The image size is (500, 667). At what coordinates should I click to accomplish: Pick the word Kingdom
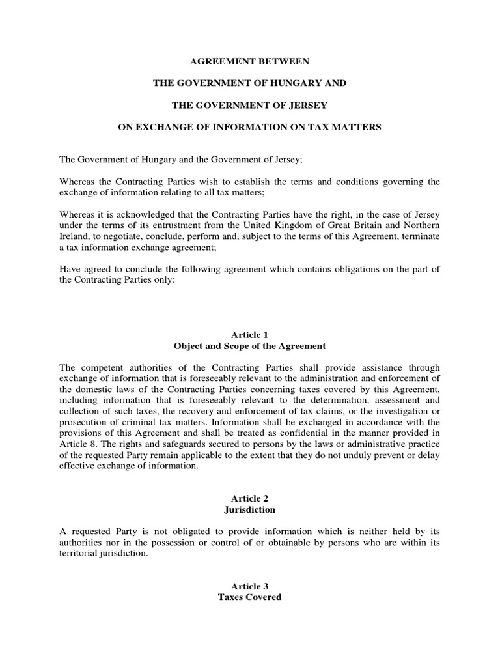point(312,223)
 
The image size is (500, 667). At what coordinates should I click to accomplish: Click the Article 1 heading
point(249,334)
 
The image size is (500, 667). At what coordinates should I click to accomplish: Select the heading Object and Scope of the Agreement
point(249,345)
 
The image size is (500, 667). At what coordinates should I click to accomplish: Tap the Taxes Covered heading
point(249,597)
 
